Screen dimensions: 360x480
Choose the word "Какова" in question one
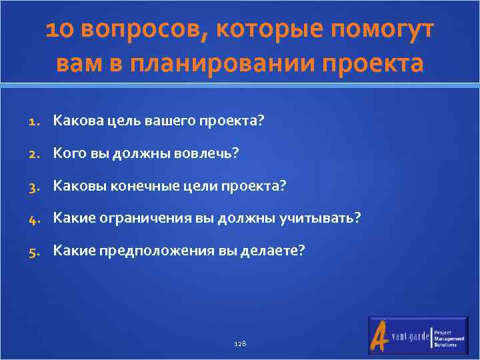pos(75,121)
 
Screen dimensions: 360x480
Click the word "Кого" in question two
pos(68,153)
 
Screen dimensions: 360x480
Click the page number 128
pos(241,342)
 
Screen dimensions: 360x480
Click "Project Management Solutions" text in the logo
pos(449,337)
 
